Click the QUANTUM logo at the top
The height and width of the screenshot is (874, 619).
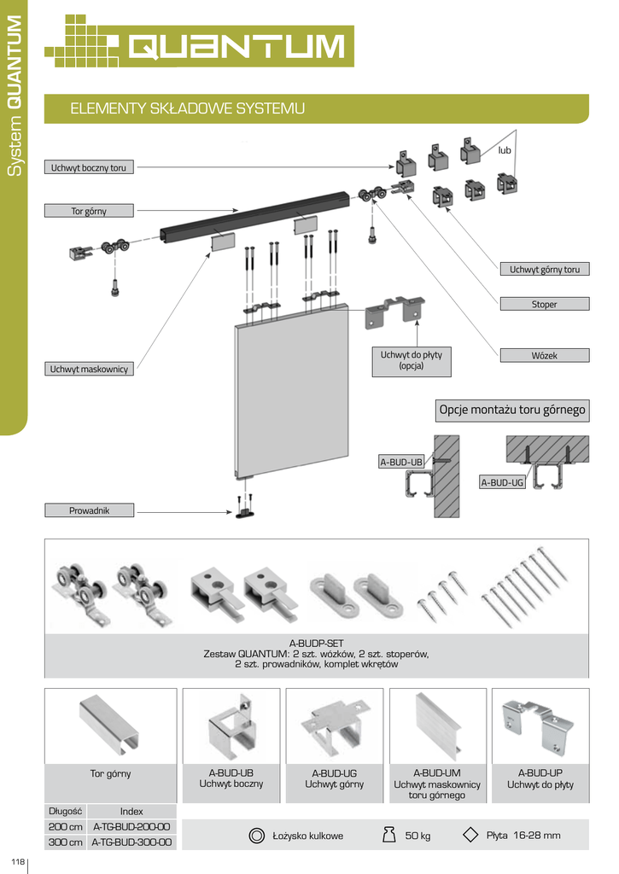199,41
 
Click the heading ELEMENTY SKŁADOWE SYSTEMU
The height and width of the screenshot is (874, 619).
187,108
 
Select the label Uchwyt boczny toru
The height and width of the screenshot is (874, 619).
89,167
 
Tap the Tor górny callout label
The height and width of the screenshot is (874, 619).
89,211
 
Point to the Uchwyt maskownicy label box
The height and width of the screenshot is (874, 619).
89,369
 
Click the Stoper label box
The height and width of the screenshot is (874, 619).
544,304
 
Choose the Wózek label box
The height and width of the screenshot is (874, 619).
544,355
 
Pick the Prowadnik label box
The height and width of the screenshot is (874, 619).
90,510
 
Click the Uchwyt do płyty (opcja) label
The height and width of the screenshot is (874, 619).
412,360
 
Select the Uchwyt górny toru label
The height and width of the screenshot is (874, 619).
544,269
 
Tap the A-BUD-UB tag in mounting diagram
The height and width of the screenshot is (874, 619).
401,462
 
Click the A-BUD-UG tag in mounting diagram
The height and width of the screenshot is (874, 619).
502,482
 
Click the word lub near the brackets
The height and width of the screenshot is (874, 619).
504,150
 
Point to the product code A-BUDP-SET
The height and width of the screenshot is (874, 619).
316,643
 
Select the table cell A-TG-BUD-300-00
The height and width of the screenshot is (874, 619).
131,842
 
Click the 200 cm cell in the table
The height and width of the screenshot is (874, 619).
65,826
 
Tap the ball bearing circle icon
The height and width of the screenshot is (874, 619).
256,836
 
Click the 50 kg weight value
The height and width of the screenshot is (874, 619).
418,836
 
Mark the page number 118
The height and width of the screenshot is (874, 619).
18,861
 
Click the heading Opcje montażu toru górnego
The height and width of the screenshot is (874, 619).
512,410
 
